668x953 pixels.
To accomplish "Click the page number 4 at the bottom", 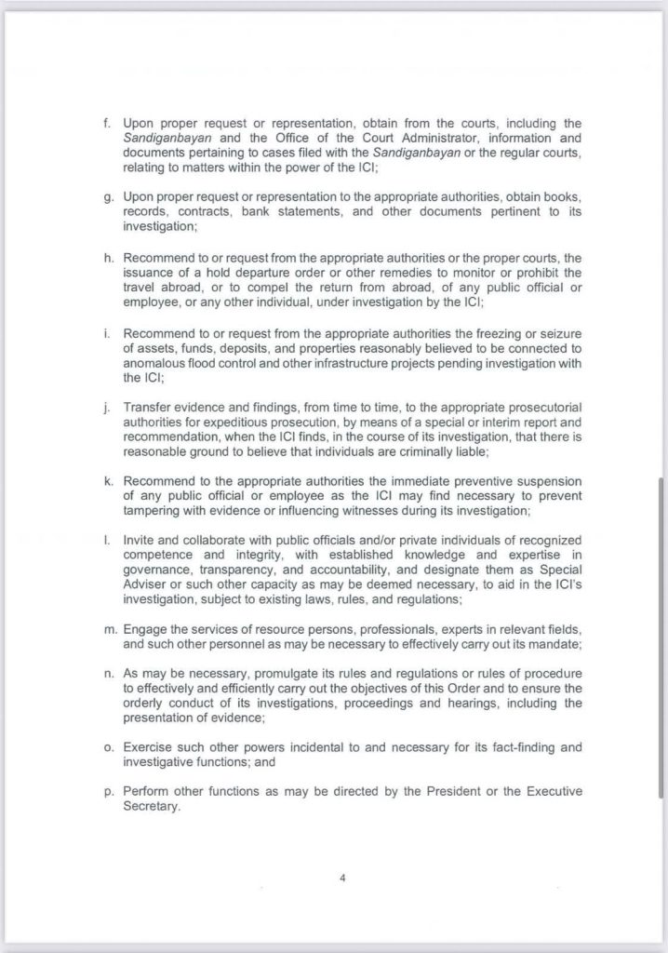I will [x=342, y=877].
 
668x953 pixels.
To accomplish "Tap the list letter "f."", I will [x=105, y=123].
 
